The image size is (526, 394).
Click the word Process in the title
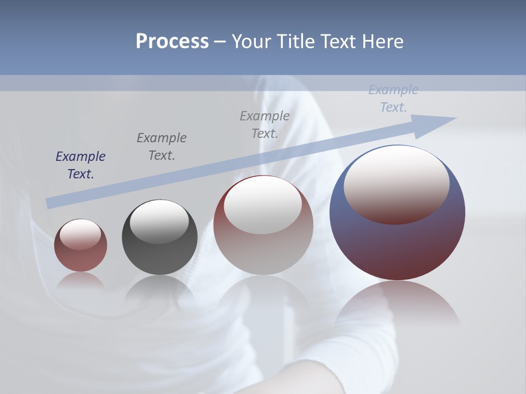click(x=172, y=42)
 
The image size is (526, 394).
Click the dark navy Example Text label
click(x=81, y=165)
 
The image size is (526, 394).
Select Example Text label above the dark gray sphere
click(x=162, y=147)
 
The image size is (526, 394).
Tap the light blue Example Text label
click(x=393, y=99)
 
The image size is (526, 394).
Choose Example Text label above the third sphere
click(x=265, y=124)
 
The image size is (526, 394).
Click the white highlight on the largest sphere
click(x=396, y=183)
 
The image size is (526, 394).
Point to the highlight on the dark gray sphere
click(x=159, y=221)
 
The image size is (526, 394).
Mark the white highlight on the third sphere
click(x=263, y=205)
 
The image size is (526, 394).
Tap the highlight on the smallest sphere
click(x=81, y=235)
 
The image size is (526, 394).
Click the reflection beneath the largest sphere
click(x=397, y=304)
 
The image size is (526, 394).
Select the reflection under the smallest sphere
click(x=81, y=280)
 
